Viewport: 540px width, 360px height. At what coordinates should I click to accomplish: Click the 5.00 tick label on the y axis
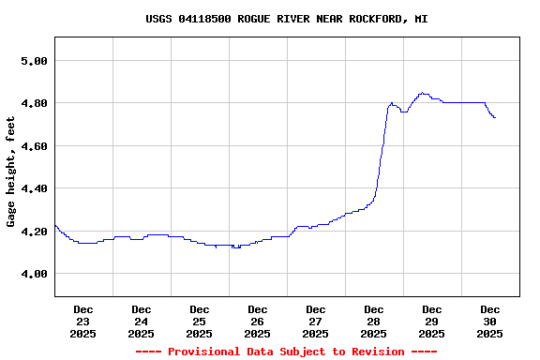point(34,61)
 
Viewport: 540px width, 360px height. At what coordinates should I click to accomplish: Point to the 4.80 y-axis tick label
point(34,103)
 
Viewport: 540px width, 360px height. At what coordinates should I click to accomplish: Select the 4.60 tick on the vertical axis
point(34,146)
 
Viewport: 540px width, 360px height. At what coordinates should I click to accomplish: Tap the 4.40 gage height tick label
point(34,188)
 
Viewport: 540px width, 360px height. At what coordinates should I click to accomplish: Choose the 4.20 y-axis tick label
point(34,232)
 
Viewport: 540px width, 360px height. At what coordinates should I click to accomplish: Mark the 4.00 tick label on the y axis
point(34,274)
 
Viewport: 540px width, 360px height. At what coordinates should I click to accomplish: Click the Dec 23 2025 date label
point(83,321)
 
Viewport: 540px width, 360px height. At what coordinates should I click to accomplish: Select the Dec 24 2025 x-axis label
point(142,321)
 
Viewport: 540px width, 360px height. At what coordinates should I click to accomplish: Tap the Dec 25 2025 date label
point(200,321)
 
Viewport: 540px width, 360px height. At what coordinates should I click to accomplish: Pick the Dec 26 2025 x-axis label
point(258,321)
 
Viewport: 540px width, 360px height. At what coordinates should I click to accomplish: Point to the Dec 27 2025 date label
point(316,321)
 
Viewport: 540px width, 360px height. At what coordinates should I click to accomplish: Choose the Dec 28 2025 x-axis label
point(374,321)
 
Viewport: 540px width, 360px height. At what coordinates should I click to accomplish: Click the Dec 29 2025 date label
point(432,321)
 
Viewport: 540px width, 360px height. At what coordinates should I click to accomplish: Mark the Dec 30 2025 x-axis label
point(490,321)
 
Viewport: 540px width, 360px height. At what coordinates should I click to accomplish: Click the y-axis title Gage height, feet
point(11,172)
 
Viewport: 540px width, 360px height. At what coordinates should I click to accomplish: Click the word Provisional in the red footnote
point(203,352)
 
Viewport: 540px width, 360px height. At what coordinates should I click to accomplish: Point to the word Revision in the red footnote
point(375,352)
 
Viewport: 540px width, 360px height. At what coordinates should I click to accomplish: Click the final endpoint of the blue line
point(495,117)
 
